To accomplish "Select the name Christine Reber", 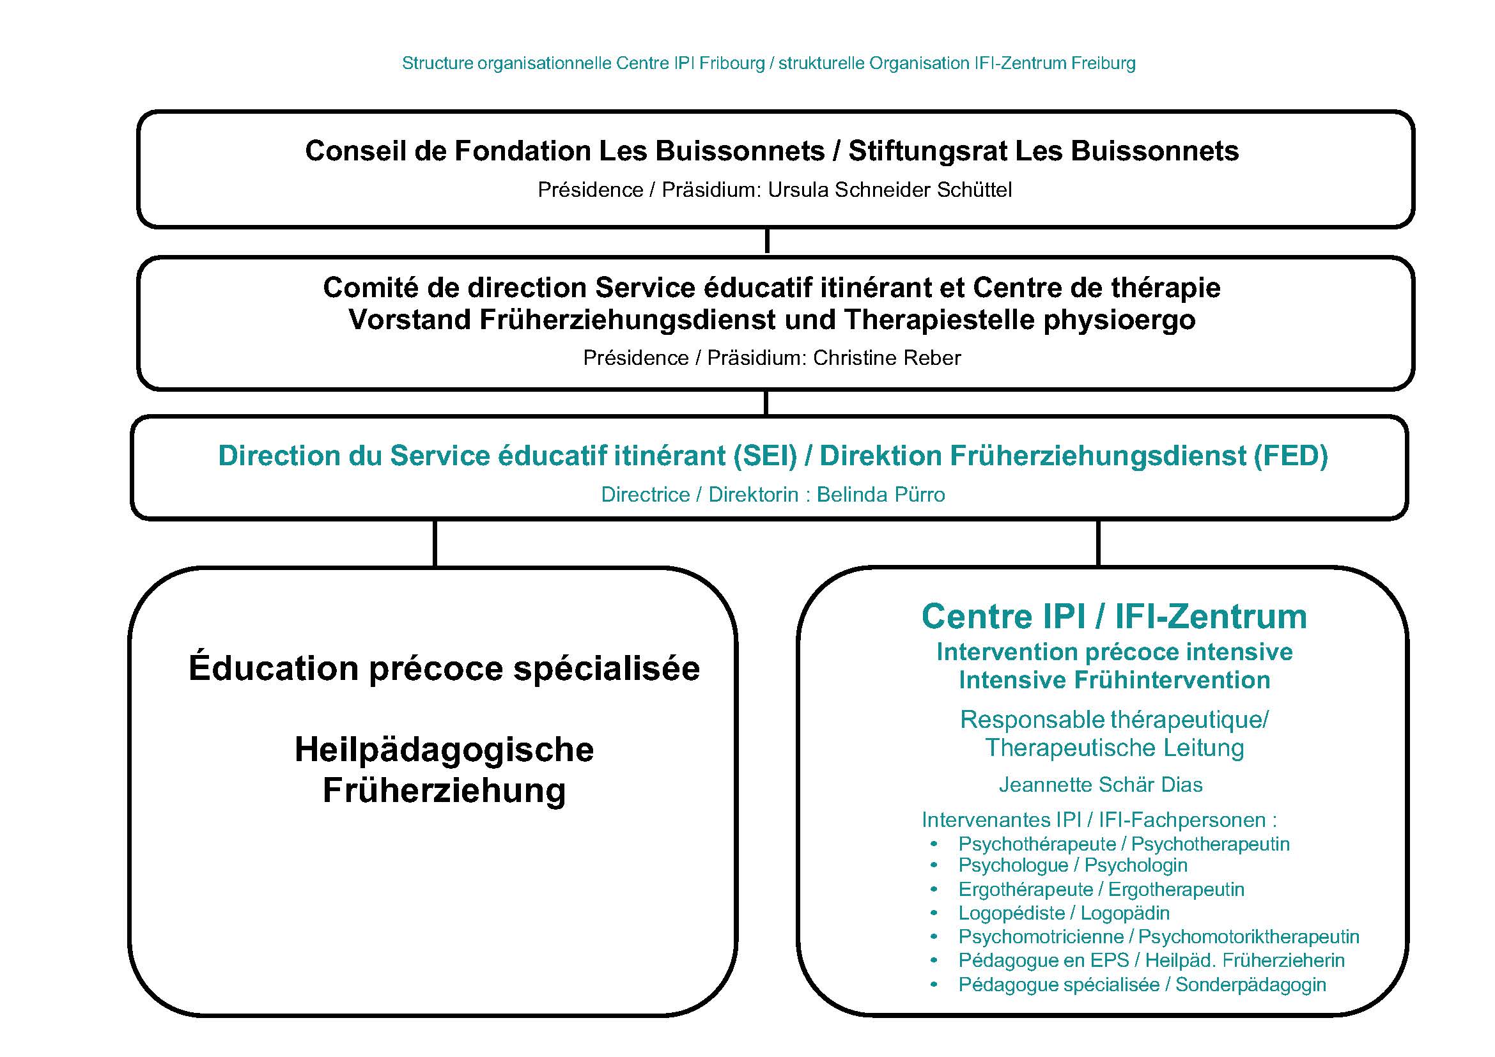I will pos(887,358).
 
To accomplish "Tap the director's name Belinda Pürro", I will pos(880,495).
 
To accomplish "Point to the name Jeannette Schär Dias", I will pos(1101,785).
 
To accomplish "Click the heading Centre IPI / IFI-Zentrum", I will pos(1114,616).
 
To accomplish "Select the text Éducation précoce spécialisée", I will pos(444,668).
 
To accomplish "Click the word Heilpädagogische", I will pos(444,749).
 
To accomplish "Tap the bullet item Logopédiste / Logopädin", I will pos(1064,913).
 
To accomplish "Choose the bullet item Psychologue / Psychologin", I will pos(1073,866).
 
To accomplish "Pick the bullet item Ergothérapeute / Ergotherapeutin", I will pos(1101,890).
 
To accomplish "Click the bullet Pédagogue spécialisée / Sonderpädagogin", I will pos(1142,985).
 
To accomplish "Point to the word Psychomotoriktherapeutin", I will pos(1248,937).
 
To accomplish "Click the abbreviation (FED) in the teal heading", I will pos(1291,456).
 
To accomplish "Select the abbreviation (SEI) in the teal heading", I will pos(765,456).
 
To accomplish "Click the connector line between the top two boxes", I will pos(767,242).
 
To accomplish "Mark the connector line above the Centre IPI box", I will pos(1099,543).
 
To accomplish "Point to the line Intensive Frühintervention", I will pos(1114,680).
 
